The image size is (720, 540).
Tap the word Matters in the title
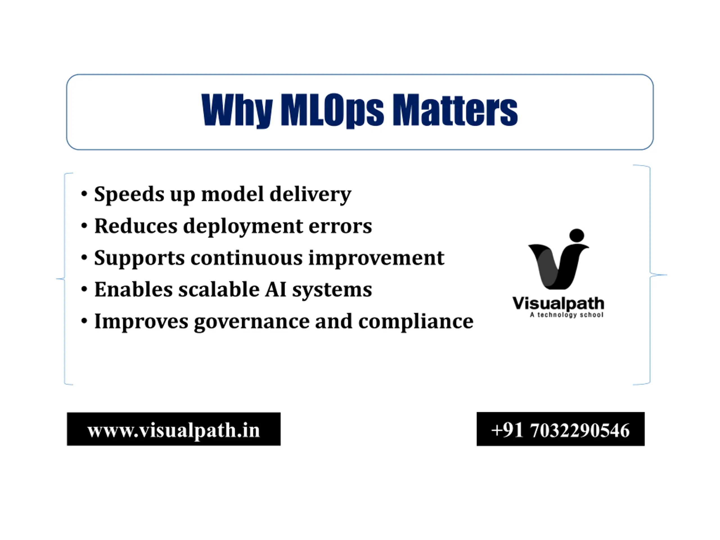point(455,110)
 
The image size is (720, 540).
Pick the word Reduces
point(136,226)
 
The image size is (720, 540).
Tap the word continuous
point(246,258)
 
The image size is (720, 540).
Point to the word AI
point(276,289)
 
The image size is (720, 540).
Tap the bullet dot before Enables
point(84,289)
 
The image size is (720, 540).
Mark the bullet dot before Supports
point(84,257)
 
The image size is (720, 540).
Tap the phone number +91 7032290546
point(560,430)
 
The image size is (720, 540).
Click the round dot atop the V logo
point(577,235)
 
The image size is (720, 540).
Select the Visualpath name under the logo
point(558,304)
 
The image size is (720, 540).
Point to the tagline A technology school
point(567,315)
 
